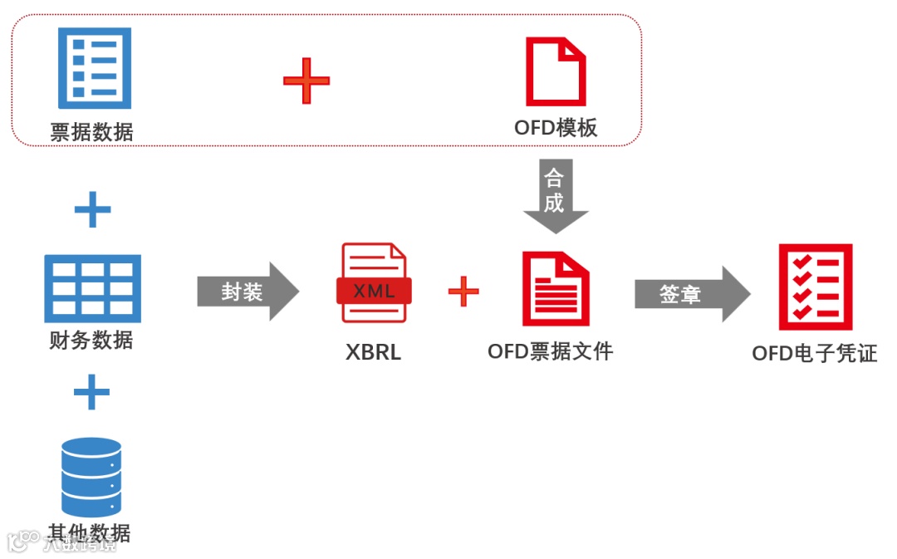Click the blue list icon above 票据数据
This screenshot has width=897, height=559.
pyautogui.click(x=94, y=68)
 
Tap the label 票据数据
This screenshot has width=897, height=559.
pyautogui.click(x=91, y=131)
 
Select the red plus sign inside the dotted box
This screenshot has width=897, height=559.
pyautogui.click(x=306, y=81)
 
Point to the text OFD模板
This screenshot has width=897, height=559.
pyautogui.click(x=556, y=128)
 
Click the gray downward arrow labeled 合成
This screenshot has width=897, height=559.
pyautogui.click(x=555, y=196)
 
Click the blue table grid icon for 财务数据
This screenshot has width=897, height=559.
pyautogui.click(x=92, y=288)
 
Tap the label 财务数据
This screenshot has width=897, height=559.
pyautogui.click(x=91, y=340)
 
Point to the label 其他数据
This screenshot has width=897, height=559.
pyautogui.click(x=91, y=532)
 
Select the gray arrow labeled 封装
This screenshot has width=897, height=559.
pyautogui.click(x=248, y=292)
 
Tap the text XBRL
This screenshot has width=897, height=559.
pyautogui.click(x=374, y=352)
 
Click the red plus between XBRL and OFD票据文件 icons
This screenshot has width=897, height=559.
pyautogui.click(x=463, y=291)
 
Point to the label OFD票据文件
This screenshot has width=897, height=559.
pyautogui.click(x=550, y=351)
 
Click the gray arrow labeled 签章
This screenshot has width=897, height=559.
pyautogui.click(x=691, y=294)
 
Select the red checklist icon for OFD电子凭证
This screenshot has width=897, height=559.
pyautogui.click(x=815, y=287)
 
